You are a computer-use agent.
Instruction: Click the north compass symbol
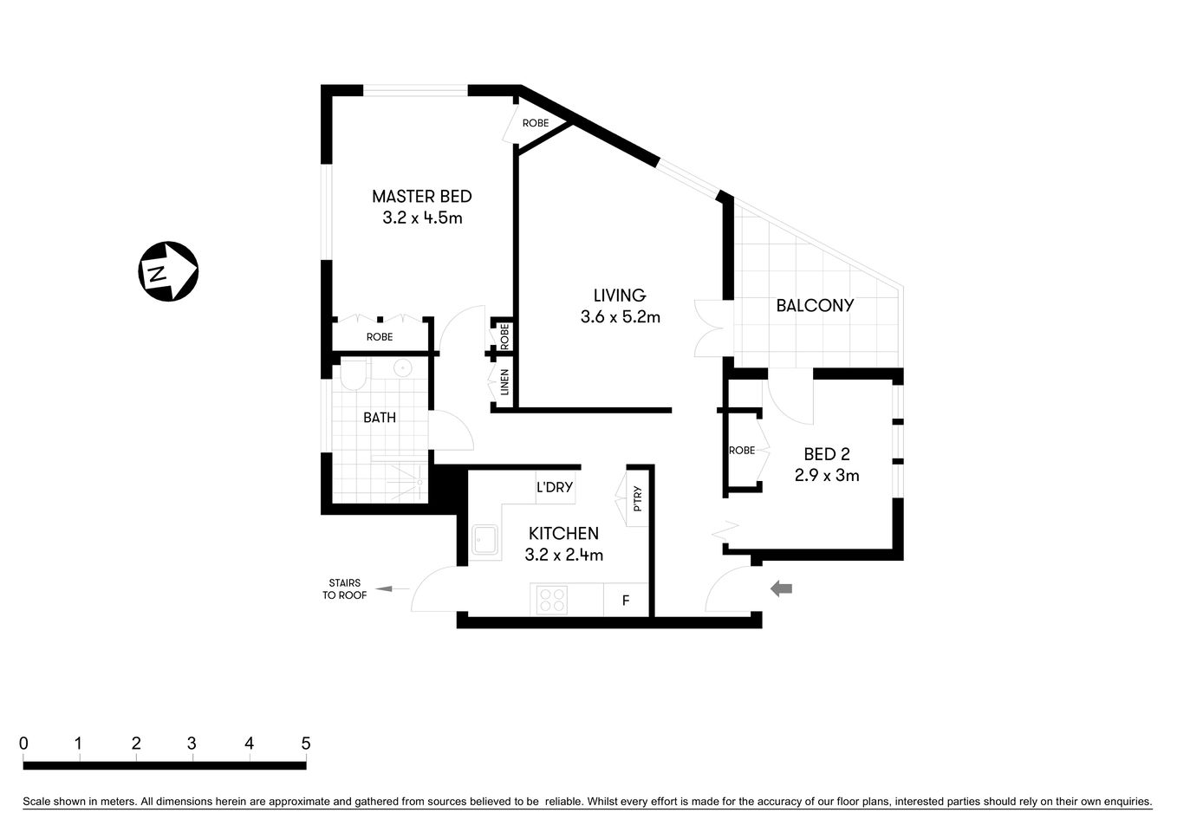click(x=169, y=271)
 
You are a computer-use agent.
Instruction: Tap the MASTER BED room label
click(x=422, y=197)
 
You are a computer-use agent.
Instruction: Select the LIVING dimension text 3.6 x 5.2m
click(x=620, y=317)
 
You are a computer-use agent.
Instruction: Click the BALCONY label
click(x=815, y=305)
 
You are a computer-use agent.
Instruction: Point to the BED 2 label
click(x=826, y=454)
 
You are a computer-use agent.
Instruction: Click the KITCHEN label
click(x=563, y=534)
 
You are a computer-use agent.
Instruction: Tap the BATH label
click(x=380, y=418)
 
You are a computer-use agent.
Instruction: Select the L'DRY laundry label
click(x=555, y=487)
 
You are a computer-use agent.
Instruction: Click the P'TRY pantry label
click(x=638, y=498)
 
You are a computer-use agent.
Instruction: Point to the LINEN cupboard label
click(x=504, y=383)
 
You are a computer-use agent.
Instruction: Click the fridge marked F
click(x=626, y=600)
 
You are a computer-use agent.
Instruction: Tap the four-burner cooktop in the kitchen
click(x=552, y=600)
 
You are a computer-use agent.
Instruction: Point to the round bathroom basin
click(x=403, y=368)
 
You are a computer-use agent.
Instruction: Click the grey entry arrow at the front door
click(x=782, y=589)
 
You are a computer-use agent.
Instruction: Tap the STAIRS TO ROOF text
click(x=344, y=589)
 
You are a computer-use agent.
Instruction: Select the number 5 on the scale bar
click(x=305, y=744)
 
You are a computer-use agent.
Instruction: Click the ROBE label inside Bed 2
click(x=742, y=451)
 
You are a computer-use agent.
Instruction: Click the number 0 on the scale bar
click(x=23, y=744)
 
